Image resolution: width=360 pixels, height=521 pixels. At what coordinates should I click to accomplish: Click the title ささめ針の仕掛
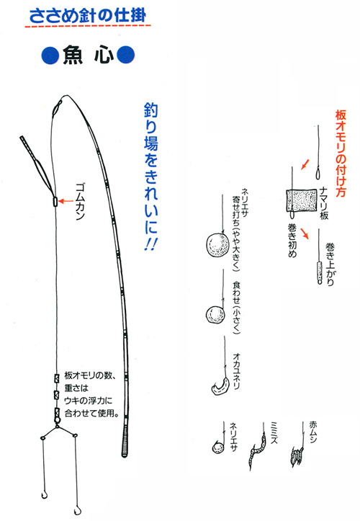click(88, 16)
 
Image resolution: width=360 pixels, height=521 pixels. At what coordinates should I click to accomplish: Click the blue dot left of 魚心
click(50, 55)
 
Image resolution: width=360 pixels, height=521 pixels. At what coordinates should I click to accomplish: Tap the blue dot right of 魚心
click(126, 55)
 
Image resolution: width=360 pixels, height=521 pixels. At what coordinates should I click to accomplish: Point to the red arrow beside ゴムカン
click(66, 201)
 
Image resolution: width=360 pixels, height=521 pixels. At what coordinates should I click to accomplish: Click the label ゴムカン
click(81, 201)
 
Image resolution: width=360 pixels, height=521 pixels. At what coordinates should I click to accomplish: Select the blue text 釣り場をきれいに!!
click(150, 177)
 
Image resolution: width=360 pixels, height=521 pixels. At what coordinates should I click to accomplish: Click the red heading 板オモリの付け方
click(341, 153)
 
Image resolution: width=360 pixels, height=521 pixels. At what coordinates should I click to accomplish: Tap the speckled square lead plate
click(302, 200)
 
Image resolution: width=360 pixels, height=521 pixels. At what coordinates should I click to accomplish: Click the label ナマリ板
click(324, 203)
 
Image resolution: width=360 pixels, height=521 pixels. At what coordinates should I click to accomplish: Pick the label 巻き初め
click(292, 240)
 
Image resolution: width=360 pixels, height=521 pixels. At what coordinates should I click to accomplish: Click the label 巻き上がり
click(330, 264)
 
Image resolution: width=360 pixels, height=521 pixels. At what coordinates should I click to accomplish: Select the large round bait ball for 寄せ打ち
click(217, 245)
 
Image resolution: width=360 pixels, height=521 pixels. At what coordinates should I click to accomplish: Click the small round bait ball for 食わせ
click(215, 315)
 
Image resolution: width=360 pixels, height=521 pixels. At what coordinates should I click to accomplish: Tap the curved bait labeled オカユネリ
click(221, 386)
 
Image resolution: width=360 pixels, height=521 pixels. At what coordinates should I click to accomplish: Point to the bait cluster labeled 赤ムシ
click(297, 455)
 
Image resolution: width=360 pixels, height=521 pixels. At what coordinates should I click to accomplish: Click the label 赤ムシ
click(313, 432)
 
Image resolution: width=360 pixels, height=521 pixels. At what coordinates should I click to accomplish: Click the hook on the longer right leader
click(77, 510)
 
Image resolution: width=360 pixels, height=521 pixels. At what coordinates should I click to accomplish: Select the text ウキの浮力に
click(89, 401)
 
